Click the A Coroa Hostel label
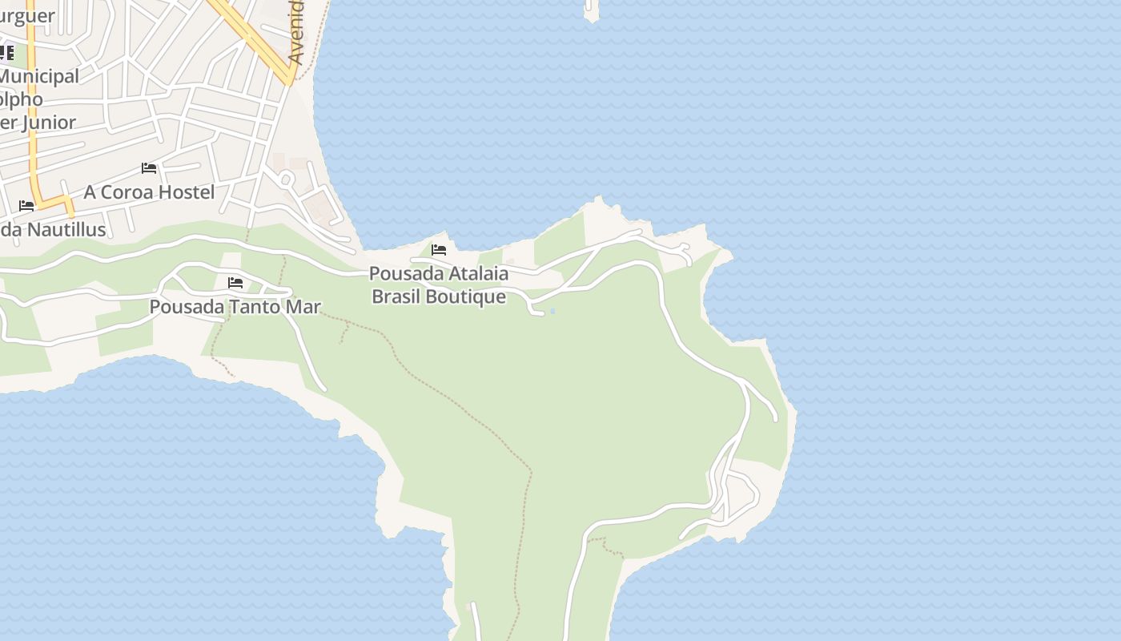149,192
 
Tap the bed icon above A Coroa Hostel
149,168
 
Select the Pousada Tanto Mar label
235,307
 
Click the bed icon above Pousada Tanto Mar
235,283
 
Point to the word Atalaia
478,273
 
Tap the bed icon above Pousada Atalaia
439,249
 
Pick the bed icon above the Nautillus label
26,206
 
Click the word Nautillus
66,230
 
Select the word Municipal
38,76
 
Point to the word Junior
49,123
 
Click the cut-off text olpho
22,99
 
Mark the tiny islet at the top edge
592,10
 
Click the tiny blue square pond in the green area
552,311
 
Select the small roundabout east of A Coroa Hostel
285,179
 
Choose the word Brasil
398,296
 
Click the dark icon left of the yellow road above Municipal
6,53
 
